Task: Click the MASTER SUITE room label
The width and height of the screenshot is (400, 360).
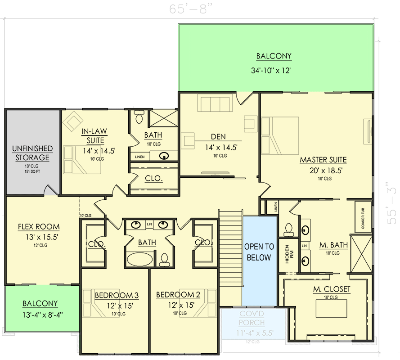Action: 323,160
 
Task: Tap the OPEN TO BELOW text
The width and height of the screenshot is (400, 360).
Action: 259,252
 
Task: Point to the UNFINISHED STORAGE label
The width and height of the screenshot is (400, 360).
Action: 32,153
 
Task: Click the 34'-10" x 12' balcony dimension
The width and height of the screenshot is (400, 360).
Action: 274,71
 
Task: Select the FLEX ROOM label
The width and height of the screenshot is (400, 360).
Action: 39,227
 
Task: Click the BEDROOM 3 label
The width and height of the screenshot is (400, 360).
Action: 117,295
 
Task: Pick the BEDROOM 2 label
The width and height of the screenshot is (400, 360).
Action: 178,295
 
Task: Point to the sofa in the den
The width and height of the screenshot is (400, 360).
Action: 215,104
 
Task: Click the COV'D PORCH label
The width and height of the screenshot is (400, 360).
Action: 252,319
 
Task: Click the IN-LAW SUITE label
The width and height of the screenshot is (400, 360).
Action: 94,135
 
